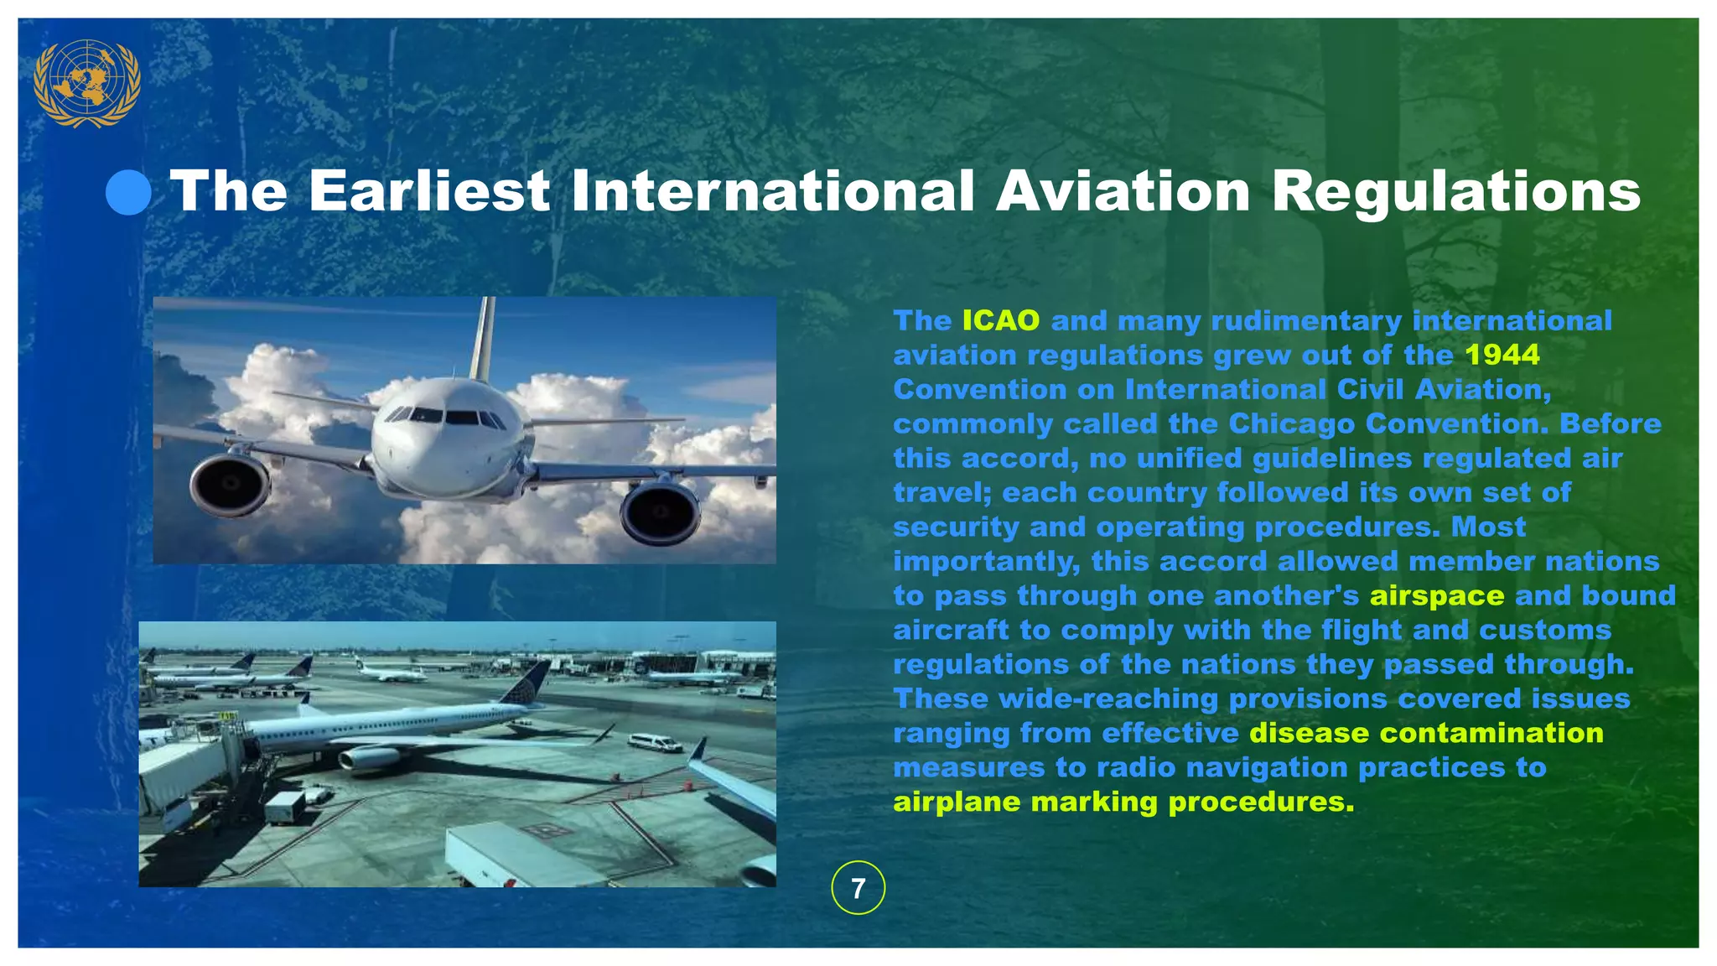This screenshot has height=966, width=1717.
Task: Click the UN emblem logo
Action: click(86, 83)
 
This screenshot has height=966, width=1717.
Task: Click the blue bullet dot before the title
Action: click(128, 192)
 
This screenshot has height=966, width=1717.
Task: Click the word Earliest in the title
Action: click(428, 191)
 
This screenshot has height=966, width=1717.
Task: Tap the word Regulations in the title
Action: click(1455, 193)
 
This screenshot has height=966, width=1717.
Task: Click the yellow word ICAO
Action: click(1000, 320)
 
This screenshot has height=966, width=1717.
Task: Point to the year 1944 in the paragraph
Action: click(1502, 355)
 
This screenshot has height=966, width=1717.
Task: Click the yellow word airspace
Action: click(1437, 595)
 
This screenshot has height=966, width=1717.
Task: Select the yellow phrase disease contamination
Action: click(1425, 733)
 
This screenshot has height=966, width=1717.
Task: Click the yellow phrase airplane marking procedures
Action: click(1123, 802)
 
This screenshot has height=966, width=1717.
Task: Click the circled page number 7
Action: click(858, 888)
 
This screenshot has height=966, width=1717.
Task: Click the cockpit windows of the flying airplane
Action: click(445, 416)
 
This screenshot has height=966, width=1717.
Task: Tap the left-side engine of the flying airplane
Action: click(229, 485)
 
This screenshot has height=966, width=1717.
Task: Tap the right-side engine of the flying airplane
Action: click(661, 512)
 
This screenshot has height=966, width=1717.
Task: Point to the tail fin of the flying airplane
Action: click(483, 340)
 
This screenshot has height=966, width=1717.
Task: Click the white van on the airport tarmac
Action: click(655, 743)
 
